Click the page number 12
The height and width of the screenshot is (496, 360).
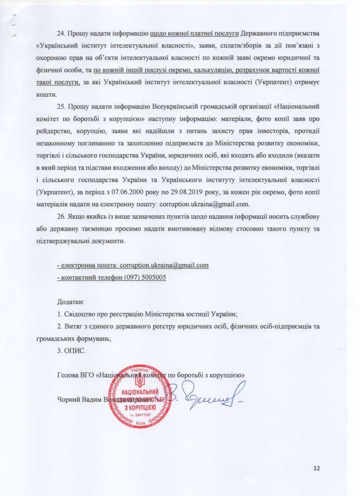318,468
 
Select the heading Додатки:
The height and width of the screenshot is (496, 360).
71,302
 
